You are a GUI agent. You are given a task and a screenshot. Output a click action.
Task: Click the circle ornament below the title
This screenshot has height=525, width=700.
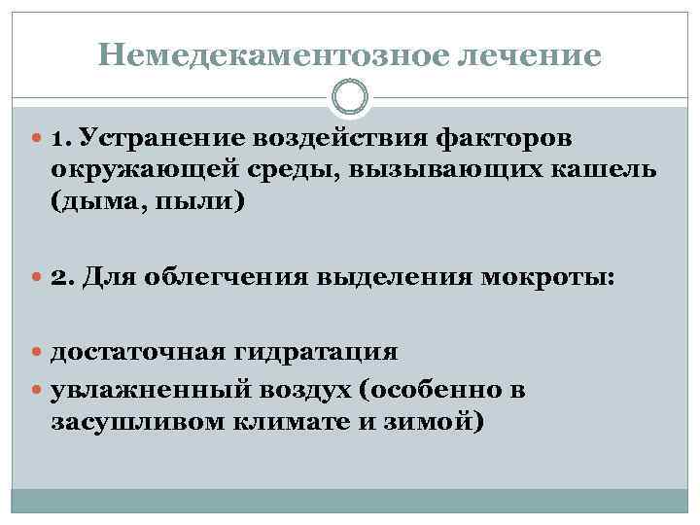pyautogui.click(x=350, y=97)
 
